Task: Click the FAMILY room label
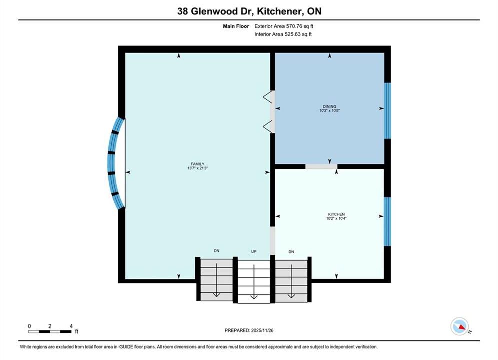(x=197, y=164)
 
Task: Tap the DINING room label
(x=329, y=107)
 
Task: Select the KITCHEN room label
(x=336, y=214)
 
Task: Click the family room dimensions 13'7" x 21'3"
(x=197, y=168)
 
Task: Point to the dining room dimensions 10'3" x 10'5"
(x=329, y=110)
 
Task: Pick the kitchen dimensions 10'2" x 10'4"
(x=336, y=218)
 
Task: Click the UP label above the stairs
(x=254, y=252)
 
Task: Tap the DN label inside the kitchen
(x=291, y=252)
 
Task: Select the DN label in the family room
(x=217, y=251)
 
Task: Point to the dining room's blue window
(x=387, y=111)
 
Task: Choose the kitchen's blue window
(x=387, y=221)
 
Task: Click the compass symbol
(x=460, y=326)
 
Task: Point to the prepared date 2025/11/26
(x=262, y=330)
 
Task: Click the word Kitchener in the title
(x=279, y=11)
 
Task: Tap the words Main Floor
(x=236, y=26)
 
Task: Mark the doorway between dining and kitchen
(x=321, y=166)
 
